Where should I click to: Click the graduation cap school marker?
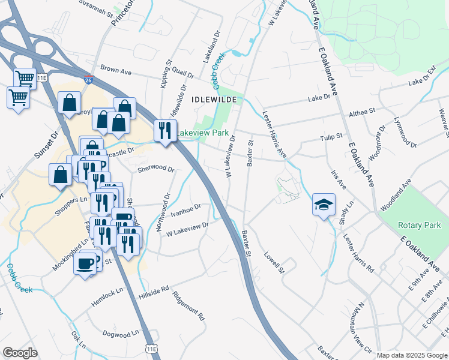point(324,205)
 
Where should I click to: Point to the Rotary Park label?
point(419,225)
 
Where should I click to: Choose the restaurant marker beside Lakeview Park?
point(164,130)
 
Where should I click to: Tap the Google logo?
point(20,353)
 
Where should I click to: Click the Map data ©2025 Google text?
point(411,355)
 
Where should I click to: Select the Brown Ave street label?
point(116,71)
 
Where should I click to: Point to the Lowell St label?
point(273,262)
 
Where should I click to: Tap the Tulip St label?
point(331,137)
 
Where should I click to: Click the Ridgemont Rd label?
point(189,305)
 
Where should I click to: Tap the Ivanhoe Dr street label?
point(185,211)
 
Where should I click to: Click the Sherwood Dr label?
point(155,169)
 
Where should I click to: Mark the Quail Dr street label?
point(182,75)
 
